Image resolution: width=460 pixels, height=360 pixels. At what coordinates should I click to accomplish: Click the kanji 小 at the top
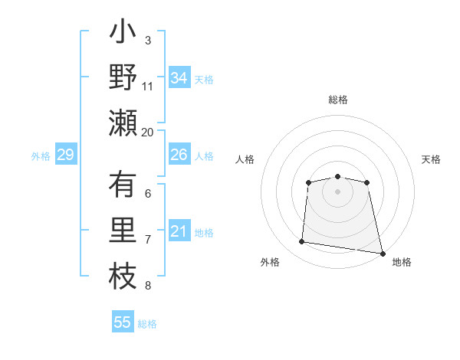[123, 34]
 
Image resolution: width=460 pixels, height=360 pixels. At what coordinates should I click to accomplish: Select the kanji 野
[123, 78]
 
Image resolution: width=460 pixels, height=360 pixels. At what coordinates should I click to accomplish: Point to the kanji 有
[123, 185]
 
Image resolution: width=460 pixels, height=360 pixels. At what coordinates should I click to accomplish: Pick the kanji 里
[123, 231]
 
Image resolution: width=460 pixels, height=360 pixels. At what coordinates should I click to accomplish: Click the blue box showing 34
[179, 78]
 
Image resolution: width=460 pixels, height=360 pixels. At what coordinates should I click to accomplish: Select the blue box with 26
[179, 155]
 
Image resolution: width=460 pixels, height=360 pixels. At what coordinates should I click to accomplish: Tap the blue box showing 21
[179, 231]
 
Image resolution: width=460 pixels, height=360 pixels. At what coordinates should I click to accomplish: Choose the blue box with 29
[65, 155]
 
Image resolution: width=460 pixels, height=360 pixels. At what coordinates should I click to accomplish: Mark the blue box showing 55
[123, 322]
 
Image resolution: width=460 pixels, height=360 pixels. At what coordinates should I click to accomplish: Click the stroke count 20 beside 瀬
[148, 132]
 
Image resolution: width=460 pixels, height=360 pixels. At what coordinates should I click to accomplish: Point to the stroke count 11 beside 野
[148, 87]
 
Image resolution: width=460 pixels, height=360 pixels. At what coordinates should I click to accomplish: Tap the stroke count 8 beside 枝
[148, 286]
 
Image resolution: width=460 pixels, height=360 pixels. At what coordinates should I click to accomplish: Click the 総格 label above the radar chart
[337, 100]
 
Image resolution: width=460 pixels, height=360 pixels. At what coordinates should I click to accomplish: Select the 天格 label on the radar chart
[432, 159]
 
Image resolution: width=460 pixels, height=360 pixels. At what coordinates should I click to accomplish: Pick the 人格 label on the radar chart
[245, 159]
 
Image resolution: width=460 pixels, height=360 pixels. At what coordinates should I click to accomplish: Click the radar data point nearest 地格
[381, 252]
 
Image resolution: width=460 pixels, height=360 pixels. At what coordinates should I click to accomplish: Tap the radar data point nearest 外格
[301, 242]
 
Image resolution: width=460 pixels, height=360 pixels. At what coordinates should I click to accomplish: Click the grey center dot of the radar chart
[337, 191]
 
